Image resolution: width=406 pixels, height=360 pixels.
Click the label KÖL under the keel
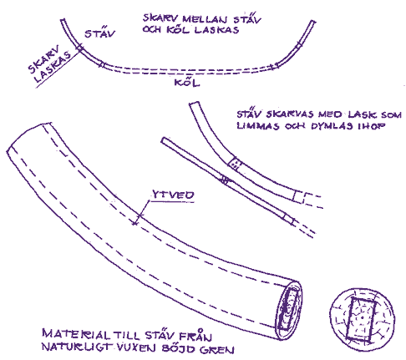(x=187, y=83)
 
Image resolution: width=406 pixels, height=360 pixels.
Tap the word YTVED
(x=173, y=195)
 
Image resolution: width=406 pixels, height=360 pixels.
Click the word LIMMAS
(x=258, y=126)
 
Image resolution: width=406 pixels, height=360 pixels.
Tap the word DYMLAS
(x=332, y=126)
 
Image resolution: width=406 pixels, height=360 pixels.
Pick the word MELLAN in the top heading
(x=205, y=19)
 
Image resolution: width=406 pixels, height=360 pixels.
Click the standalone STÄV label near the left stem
(x=99, y=33)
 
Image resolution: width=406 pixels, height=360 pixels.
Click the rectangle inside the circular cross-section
(x=361, y=319)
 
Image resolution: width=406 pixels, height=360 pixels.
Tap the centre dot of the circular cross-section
(x=363, y=317)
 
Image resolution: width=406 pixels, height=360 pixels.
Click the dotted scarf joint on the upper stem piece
(x=235, y=163)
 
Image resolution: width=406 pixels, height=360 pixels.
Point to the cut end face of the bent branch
(x=289, y=310)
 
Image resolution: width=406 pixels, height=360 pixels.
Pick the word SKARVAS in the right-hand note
(x=290, y=114)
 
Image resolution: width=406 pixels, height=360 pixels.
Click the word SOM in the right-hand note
(x=391, y=114)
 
